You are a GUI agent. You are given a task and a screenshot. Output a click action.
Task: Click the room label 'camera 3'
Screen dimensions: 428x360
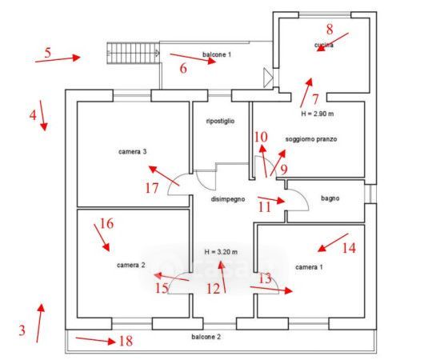[x=132, y=151]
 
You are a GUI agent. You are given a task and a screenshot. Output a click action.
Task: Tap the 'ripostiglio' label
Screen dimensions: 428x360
[x=220, y=121]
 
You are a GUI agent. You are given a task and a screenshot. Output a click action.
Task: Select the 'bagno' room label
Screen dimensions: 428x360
[x=330, y=198]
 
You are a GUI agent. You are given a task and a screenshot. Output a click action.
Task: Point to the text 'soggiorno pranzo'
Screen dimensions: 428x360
[x=311, y=139]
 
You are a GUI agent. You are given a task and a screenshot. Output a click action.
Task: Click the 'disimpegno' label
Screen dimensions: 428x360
[x=228, y=199]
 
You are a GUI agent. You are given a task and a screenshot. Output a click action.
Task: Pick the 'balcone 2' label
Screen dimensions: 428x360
[x=206, y=337]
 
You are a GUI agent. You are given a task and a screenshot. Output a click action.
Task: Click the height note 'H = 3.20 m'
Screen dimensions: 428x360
[x=221, y=252]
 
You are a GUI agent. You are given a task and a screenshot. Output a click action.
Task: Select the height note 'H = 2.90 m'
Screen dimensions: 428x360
[x=317, y=114]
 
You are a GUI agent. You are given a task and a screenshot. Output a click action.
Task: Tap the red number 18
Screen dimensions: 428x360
[x=126, y=341]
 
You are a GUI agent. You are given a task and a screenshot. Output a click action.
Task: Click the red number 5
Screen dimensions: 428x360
[x=48, y=53]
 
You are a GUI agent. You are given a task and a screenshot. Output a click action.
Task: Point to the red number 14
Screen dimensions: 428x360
[x=349, y=248]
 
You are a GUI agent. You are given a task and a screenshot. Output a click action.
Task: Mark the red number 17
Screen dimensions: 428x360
[x=152, y=188]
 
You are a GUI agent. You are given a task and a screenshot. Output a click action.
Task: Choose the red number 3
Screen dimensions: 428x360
[x=22, y=330]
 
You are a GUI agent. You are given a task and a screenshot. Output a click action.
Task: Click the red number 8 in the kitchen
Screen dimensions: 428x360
[x=330, y=30]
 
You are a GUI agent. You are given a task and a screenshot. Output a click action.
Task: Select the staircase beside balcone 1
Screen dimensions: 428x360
[x=133, y=54]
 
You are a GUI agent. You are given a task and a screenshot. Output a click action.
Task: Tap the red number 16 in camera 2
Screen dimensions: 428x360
[x=106, y=223]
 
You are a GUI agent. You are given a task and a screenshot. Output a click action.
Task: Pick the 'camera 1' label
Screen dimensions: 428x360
[x=309, y=267]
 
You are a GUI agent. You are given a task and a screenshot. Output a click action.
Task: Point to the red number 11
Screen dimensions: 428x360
[x=264, y=207]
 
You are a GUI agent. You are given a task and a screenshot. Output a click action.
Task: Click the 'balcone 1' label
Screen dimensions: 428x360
[x=217, y=54]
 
